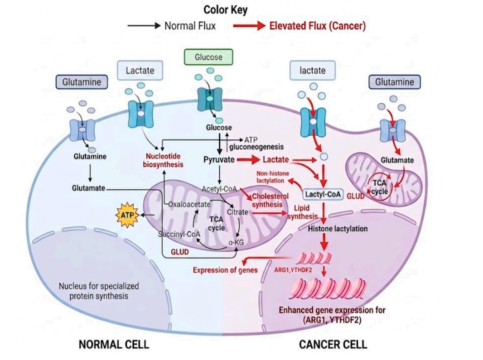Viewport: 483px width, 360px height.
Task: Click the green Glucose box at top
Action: [208, 57]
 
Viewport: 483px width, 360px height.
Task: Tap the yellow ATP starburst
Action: [127, 215]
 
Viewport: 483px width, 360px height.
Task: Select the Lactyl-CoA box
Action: [323, 194]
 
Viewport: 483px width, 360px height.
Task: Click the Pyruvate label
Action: [219, 160]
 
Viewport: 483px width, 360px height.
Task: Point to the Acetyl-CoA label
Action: [219, 189]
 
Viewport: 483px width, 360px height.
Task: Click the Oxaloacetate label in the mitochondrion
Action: [189, 204]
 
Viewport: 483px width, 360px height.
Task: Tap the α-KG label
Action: [236, 243]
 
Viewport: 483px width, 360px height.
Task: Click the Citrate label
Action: [237, 212]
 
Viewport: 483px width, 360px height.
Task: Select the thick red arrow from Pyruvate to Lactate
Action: [248, 159]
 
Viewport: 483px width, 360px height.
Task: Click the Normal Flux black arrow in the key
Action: [144, 25]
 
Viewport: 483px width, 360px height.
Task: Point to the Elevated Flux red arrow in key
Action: [249, 25]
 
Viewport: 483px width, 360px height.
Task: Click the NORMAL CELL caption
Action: [114, 344]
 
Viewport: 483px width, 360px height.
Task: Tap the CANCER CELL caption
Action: [333, 344]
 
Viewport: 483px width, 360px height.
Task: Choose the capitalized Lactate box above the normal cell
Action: [140, 71]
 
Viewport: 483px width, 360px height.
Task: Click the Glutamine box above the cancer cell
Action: [395, 82]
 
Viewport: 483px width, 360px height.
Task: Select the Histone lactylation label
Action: [338, 229]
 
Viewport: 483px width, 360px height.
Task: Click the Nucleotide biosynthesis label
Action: [163, 160]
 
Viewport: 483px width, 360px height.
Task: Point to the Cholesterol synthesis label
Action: [270, 201]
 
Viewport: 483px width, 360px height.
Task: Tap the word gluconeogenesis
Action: [256, 147]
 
